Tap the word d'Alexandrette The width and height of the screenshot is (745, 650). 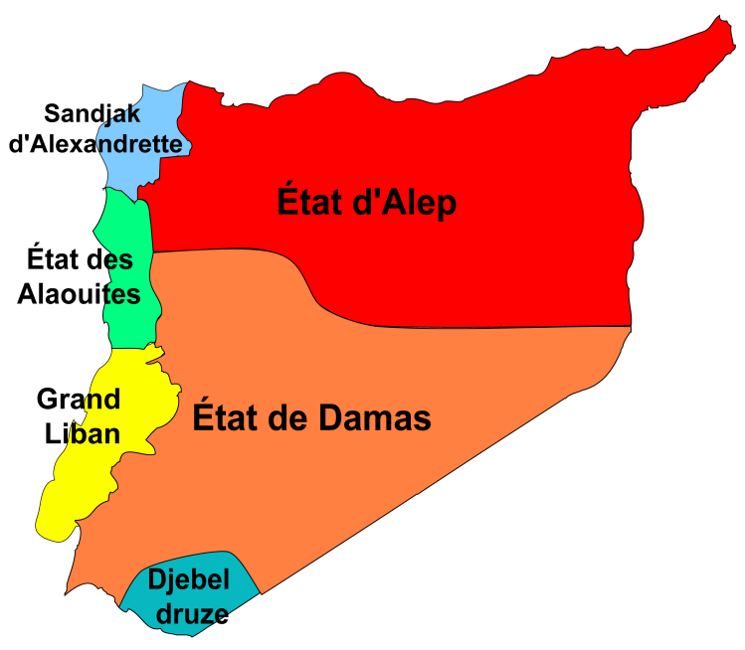click(96, 145)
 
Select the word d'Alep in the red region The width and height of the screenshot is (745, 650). click(405, 204)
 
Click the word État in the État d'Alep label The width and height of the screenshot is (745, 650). click(310, 204)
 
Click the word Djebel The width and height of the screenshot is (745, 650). click(190, 579)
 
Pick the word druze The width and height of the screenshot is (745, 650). click(190, 613)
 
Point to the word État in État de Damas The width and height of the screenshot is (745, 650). click(225, 418)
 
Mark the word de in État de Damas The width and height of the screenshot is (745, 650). click(287, 418)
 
